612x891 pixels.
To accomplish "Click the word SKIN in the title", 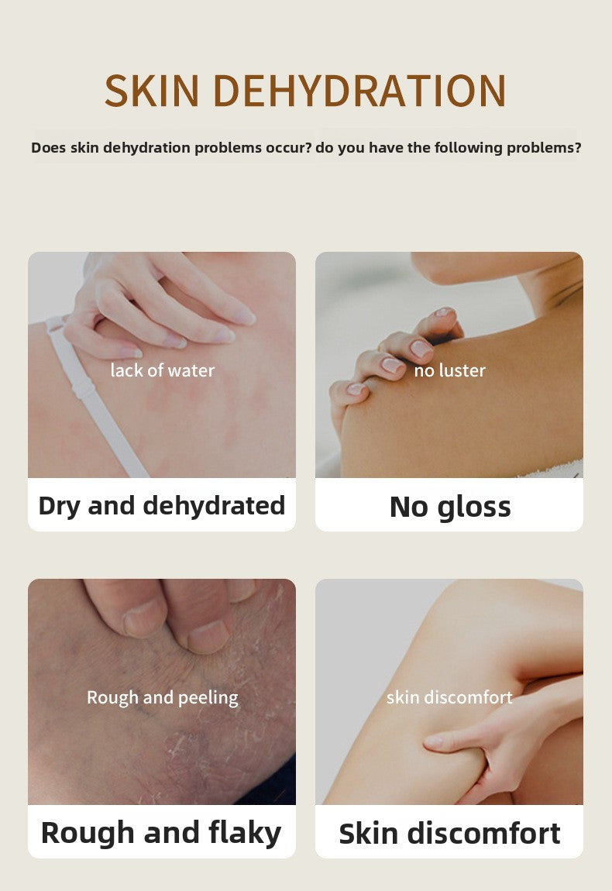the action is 153,91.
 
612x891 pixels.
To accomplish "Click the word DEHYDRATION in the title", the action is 359,91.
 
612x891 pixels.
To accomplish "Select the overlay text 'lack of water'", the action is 163,370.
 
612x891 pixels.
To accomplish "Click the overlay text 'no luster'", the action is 449,370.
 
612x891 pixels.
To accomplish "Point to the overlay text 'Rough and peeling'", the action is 163,698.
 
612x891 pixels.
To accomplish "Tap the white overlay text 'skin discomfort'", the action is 449,697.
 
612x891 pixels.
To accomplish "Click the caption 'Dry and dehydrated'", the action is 162,506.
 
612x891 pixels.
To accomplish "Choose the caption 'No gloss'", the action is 450,507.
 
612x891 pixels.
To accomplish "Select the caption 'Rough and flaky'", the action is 161,833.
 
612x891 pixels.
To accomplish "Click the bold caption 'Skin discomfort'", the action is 449,834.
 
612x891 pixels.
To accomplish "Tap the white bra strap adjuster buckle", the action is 83,390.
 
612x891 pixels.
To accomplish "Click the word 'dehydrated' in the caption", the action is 214,505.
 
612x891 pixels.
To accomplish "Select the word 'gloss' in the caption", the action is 474,507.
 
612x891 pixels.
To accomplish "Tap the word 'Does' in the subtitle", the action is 48,148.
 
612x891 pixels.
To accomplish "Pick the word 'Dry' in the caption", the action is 59,506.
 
